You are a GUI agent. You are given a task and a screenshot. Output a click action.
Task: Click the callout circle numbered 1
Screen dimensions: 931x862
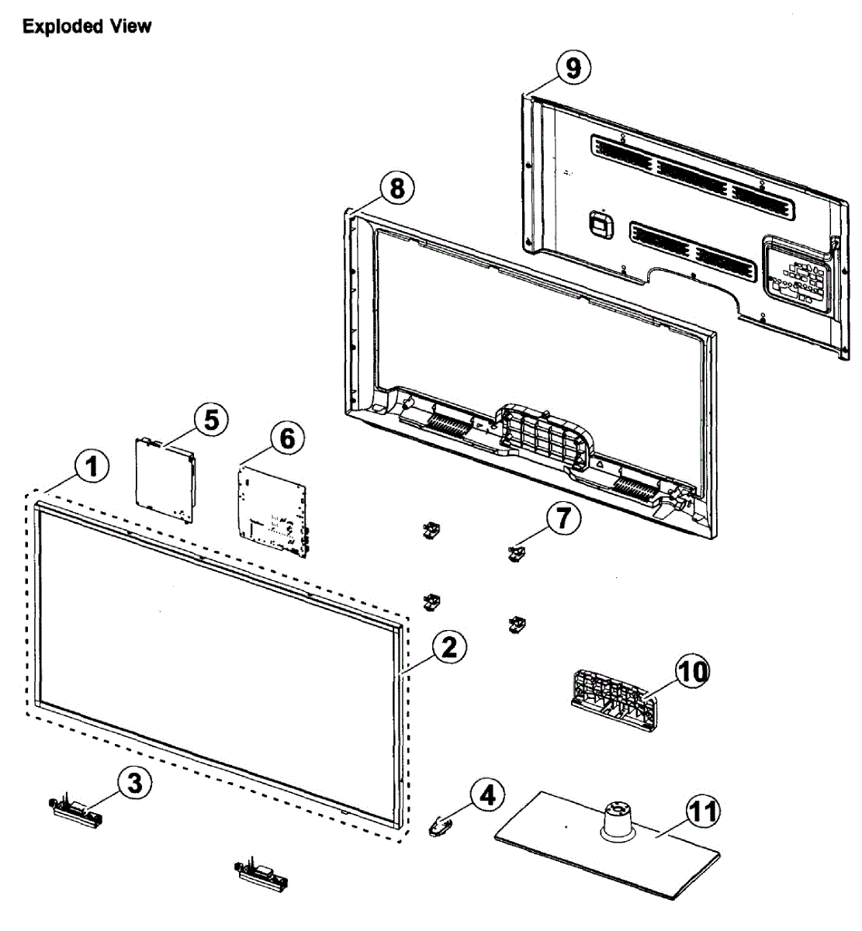(x=91, y=467)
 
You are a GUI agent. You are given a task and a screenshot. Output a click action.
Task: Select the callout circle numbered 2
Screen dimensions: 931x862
(x=450, y=647)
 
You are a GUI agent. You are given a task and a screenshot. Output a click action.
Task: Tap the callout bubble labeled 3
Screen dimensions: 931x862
(x=135, y=783)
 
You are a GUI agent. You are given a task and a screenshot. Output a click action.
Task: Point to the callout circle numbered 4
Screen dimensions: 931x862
(x=486, y=795)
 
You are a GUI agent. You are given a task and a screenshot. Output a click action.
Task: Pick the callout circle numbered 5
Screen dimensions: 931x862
(x=211, y=420)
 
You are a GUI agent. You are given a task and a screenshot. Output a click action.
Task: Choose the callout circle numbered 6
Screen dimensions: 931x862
(x=287, y=438)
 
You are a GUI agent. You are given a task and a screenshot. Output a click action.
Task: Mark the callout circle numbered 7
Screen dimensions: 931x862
(x=563, y=518)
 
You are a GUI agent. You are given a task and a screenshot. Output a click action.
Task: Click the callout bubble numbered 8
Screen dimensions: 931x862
(x=397, y=189)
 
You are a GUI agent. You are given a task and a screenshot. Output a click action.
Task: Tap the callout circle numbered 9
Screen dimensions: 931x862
(x=573, y=68)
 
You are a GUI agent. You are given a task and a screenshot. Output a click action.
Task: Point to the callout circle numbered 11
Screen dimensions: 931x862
(x=703, y=812)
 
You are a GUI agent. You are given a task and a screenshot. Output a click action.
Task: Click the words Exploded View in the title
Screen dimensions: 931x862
(x=87, y=26)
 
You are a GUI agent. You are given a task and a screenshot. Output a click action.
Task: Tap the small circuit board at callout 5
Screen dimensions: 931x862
(x=164, y=481)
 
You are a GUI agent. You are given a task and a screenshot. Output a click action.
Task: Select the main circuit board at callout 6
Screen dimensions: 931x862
(x=273, y=508)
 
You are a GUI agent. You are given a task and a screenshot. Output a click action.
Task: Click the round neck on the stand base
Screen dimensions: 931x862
(x=618, y=819)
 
